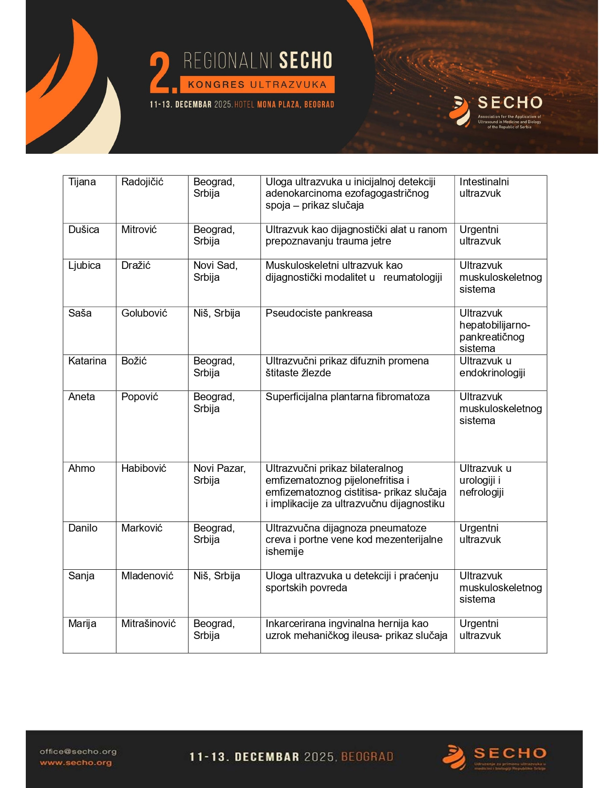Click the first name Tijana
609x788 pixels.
coord(82,182)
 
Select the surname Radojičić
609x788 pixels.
coord(142,182)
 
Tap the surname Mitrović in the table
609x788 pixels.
coord(139,230)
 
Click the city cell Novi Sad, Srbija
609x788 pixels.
coord(215,271)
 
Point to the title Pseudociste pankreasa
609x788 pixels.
coord(319,313)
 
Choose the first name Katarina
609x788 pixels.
coord(87,361)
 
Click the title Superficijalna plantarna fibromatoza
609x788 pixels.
coord(347,397)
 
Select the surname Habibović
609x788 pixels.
coord(144,469)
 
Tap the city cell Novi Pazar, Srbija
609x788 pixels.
coord(219,474)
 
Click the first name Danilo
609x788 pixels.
coord(83,528)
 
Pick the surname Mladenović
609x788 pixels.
coord(147,576)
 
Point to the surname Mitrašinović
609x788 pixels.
coord(149,624)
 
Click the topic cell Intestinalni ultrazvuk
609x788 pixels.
coord(484,188)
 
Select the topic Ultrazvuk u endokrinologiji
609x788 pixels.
coord(492,367)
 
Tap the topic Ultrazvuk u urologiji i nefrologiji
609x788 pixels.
coord(485,480)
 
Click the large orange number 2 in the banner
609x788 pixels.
coord(161,73)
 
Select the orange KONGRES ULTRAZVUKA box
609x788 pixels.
coord(257,85)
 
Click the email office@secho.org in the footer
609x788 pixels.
coord(78,751)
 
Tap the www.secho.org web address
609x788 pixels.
coord(75,763)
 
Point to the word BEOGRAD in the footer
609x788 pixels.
coord(367,757)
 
